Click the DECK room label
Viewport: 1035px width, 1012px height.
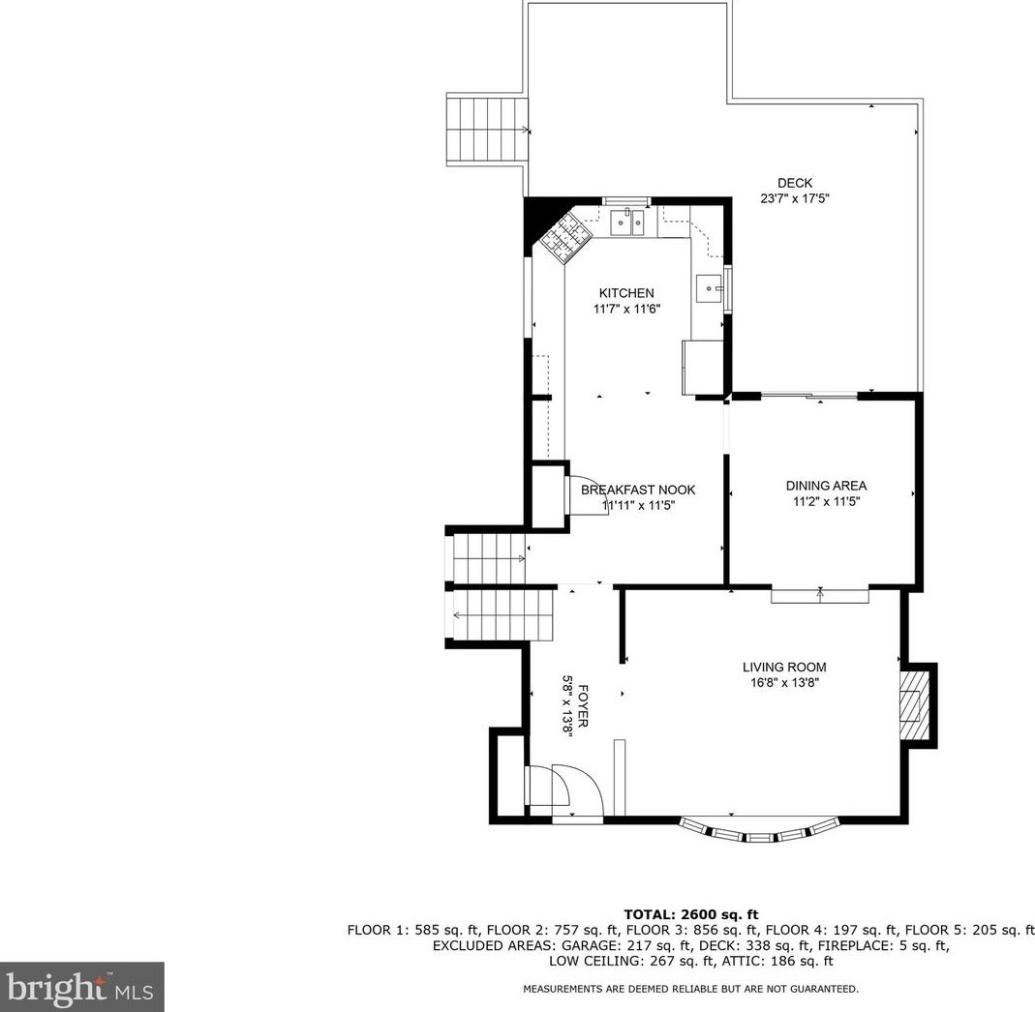click(x=794, y=183)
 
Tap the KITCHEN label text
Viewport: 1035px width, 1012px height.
click(x=626, y=293)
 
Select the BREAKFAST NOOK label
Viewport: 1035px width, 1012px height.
click(x=638, y=490)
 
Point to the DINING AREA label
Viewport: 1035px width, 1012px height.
click(x=826, y=486)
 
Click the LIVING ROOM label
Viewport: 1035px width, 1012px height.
click(x=784, y=667)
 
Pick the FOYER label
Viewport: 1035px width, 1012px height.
click(x=583, y=706)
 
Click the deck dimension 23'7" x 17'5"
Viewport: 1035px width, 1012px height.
click(x=794, y=198)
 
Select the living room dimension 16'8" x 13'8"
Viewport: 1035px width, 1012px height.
click(x=784, y=683)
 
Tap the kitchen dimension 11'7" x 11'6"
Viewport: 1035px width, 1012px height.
click(x=626, y=309)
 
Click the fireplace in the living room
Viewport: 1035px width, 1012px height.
click(x=914, y=705)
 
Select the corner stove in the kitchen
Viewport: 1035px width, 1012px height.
click(x=564, y=238)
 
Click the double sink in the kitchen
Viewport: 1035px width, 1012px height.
click(x=627, y=223)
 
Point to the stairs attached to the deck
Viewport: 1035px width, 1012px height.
click(x=487, y=130)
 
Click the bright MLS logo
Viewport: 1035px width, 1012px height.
click(x=82, y=987)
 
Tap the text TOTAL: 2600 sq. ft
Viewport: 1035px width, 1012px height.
click(x=691, y=914)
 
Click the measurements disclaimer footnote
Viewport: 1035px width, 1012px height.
click(x=690, y=989)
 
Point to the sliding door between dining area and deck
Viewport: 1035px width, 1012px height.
click(x=809, y=396)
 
